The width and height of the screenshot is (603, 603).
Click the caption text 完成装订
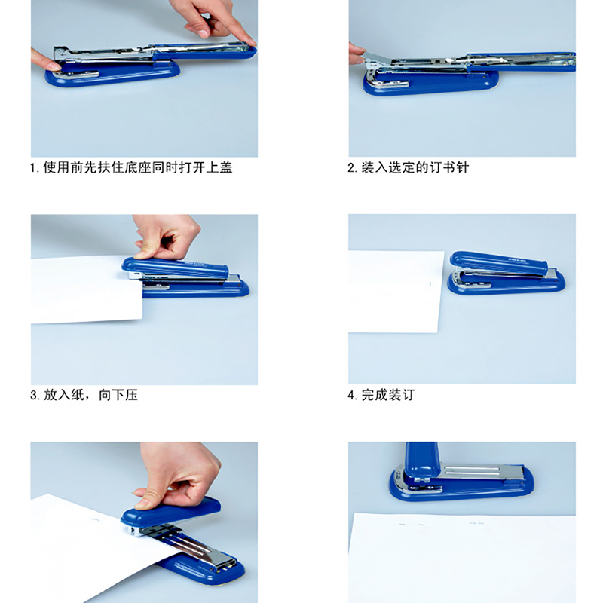(387, 395)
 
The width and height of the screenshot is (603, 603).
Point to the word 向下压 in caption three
(118, 395)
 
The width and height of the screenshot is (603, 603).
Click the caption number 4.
(351, 395)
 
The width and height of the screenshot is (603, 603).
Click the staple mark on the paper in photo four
(430, 284)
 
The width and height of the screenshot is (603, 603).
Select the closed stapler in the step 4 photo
(506, 273)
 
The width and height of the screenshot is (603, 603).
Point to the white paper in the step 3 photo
(87, 289)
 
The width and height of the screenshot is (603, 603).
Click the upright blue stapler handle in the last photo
(421, 460)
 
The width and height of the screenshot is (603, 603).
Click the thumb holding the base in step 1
(47, 62)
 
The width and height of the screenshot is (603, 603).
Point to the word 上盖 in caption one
(219, 167)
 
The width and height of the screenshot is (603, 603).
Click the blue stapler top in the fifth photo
(170, 510)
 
